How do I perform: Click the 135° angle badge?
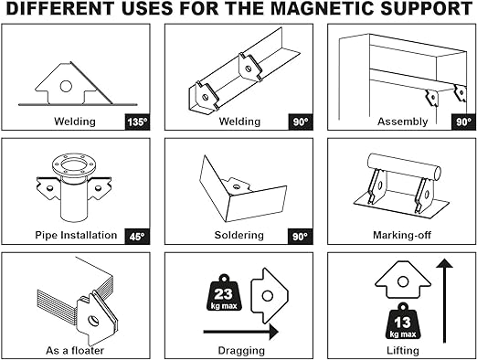click(137, 122)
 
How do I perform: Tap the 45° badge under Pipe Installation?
click(137, 237)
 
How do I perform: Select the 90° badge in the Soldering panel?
click(301, 237)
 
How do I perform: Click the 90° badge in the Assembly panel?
click(463, 122)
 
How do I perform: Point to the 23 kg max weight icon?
click(224, 292)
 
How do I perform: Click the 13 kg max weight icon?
click(402, 321)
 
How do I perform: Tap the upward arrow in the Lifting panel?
click(444, 301)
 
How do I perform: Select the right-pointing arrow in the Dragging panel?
click(241, 332)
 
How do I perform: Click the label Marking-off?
click(402, 235)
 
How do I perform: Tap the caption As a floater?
click(75, 350)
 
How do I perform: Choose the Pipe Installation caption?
click(76, 235)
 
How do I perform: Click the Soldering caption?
click(239, 235)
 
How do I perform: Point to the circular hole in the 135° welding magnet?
click(66, 86)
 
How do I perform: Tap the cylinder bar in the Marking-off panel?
click(404, 166)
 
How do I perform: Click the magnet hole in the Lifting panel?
click(403, 281)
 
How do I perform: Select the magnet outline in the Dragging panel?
click(270, 295)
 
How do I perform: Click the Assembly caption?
click(402, 122)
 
